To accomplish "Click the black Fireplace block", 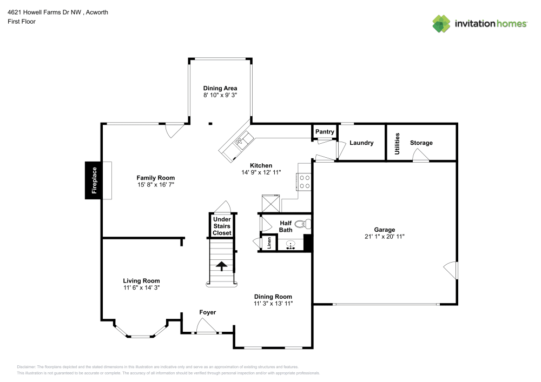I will point(94,180).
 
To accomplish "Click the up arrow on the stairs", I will point(221,265).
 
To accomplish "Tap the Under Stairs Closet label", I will point(221,226).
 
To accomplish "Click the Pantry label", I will point(325,132).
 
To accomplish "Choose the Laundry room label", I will point(361,143).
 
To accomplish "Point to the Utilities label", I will point(397,143).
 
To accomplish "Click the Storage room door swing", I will point(420,156).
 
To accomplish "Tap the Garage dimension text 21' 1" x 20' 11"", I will point(385,236).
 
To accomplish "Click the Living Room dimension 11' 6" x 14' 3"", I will point(141,288).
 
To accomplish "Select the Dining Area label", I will point(220,88).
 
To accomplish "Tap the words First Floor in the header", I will point(22,22).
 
